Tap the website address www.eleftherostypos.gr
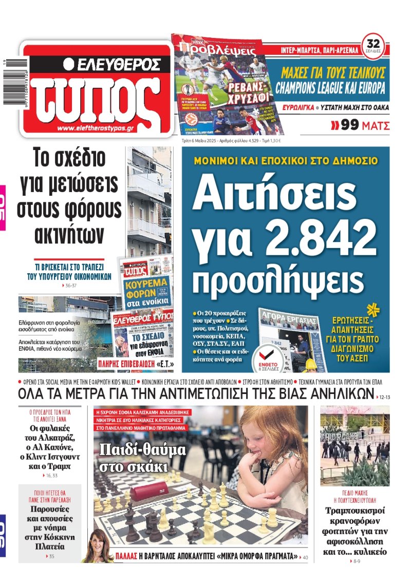pos(96,128)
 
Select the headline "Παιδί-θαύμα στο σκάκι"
pos(142,458)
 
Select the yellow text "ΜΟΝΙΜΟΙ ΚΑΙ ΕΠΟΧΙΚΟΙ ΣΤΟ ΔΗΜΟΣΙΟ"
pos(286,161)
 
